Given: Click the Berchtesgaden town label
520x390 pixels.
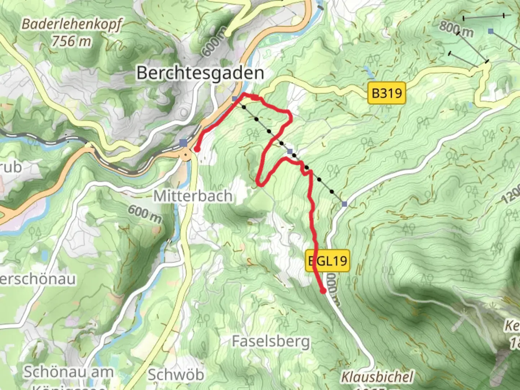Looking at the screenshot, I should tap(200, 74).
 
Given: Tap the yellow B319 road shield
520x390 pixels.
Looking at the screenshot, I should tap(386, 93).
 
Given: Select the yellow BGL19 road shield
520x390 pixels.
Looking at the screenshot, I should tap(328, 260).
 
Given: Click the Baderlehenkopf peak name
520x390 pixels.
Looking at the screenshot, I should tap(71, 25).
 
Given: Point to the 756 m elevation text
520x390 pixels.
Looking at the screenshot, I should tap(71, 42).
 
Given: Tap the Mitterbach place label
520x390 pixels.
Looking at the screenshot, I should tap(193, 196).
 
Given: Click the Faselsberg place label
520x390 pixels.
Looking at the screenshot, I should tap(271, 341).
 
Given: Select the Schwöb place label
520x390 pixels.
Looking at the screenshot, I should tap(176, 375).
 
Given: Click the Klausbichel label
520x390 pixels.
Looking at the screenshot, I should tap(377, 377).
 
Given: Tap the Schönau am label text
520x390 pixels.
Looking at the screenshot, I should tap(69, 372).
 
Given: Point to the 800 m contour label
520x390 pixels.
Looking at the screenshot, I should tap(456, 29).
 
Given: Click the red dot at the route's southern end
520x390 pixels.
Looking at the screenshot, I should tap(323, 290).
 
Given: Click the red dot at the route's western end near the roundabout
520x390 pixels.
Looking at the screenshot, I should tap(197, 149).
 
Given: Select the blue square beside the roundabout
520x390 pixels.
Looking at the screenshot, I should tap(183, 143).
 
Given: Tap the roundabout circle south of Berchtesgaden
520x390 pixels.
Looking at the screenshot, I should tap(186, 156).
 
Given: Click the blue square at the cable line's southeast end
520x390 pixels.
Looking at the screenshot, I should tap(344, 204).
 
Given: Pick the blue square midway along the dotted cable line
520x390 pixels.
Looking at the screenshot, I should tap(290, 151).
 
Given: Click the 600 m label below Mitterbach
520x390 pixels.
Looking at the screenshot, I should tap(144, 214).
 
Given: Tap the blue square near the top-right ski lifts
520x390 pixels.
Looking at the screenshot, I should tap(490, 31).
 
